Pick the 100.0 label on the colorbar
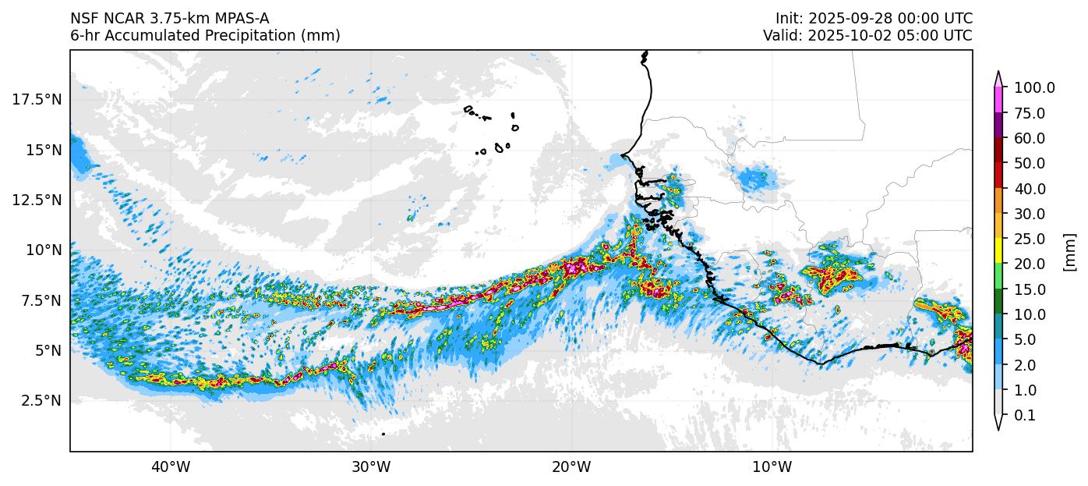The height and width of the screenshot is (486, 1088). click(1034, 88)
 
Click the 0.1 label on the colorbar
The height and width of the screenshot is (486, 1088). click(1025, 416)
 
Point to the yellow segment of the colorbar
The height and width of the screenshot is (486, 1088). click(998, 251)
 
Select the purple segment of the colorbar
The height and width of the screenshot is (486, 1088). click(998, 126)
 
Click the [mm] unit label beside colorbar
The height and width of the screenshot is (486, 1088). click(1069, 252)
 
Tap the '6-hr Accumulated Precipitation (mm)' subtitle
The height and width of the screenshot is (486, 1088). click(205, 36)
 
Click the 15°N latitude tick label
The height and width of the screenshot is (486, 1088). click(42, 150)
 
